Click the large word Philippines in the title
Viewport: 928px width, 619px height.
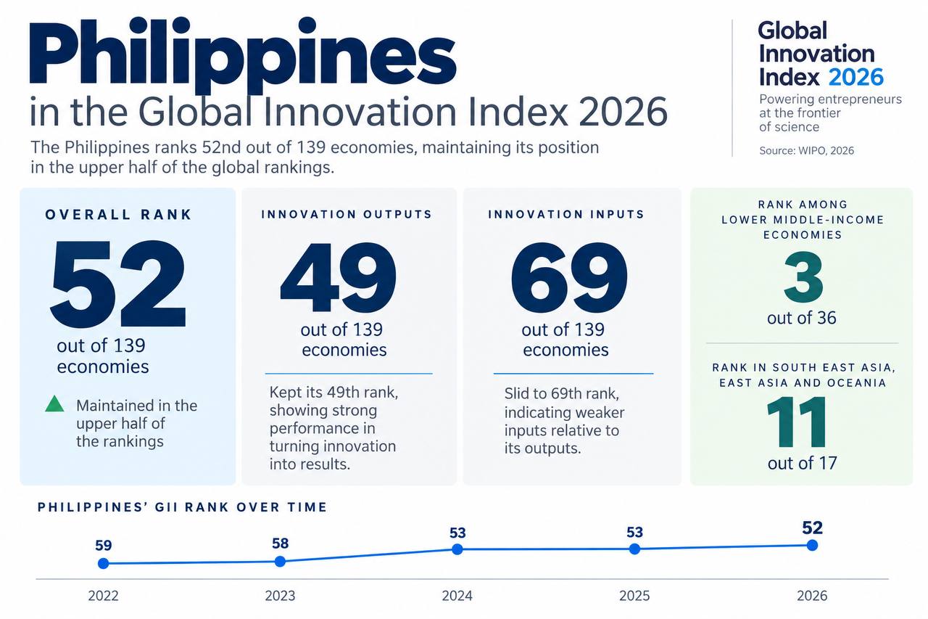243,54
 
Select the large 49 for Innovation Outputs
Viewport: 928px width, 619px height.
339,277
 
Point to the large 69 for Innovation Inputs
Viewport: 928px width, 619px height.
569,277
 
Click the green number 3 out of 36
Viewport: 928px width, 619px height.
803,277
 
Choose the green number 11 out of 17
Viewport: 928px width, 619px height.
796,422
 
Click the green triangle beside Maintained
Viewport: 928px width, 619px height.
54,403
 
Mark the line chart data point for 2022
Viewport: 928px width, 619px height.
103,563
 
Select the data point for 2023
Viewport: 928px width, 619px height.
280,562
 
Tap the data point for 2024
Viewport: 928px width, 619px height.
457,549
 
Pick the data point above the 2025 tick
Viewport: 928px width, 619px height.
634,549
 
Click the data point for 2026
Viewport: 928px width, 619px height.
812,545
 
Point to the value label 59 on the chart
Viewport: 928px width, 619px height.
104,545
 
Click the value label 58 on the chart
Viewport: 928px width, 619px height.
280,543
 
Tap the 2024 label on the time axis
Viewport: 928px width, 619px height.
457,596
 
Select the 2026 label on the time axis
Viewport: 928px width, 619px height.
812,596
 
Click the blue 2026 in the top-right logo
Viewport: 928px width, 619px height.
856,77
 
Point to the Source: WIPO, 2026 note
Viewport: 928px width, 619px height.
806,150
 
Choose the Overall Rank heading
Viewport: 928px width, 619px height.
118,215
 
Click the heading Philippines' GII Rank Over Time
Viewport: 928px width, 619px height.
182,507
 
